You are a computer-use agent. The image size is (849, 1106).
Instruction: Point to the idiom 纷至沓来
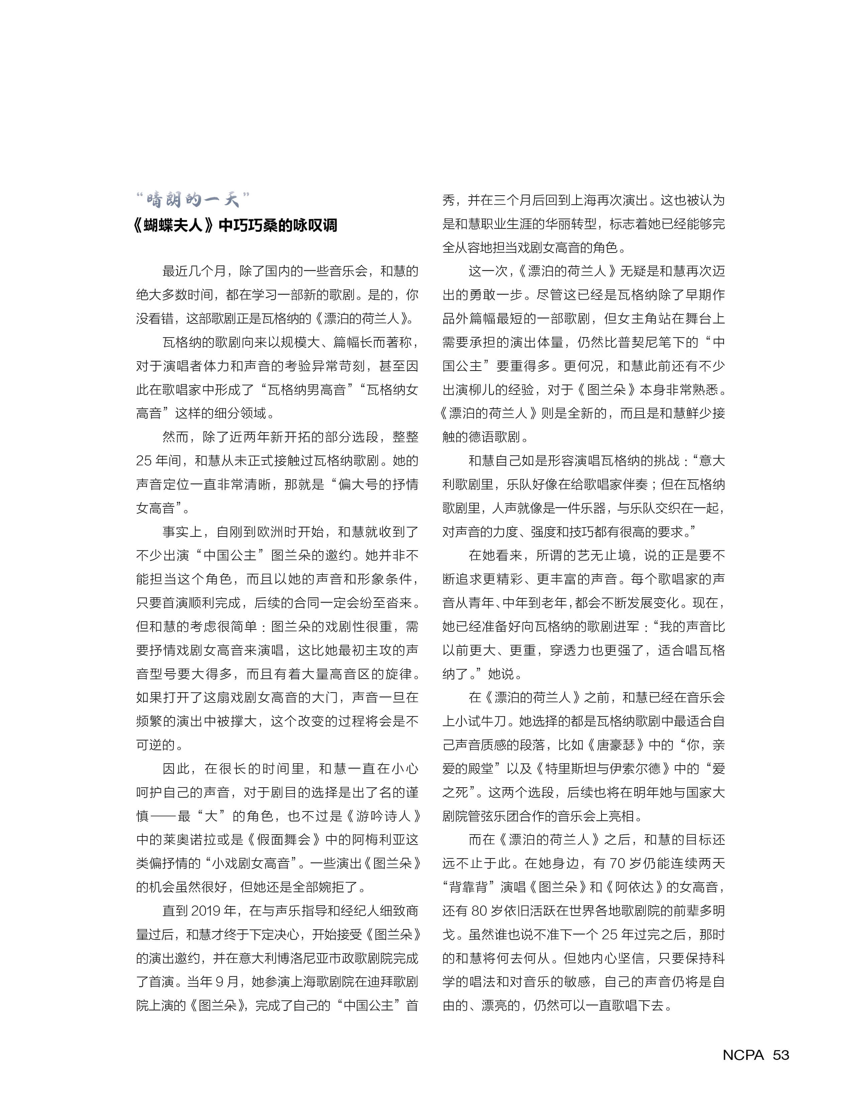pyautogui.click(x=387, y=603)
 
